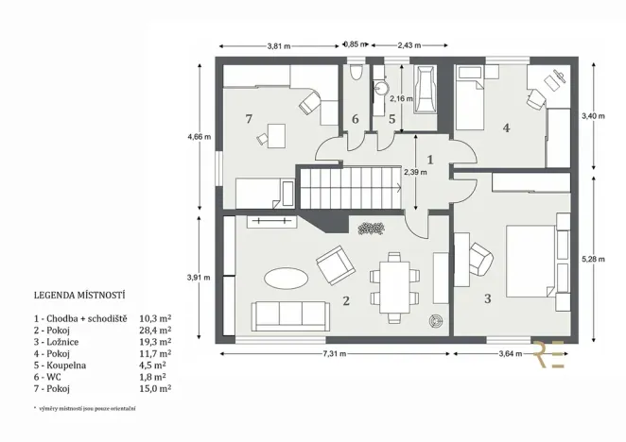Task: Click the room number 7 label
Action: [249, 119]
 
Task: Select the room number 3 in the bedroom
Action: [487, 298]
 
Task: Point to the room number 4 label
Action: [507, 127]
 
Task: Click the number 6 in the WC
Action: [356, 119]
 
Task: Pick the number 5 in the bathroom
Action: [391, 119]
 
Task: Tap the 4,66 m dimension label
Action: [200, 137]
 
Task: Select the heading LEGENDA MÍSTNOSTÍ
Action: [79, 294]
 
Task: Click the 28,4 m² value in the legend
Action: [155, 331]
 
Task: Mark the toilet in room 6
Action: [355, 73]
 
